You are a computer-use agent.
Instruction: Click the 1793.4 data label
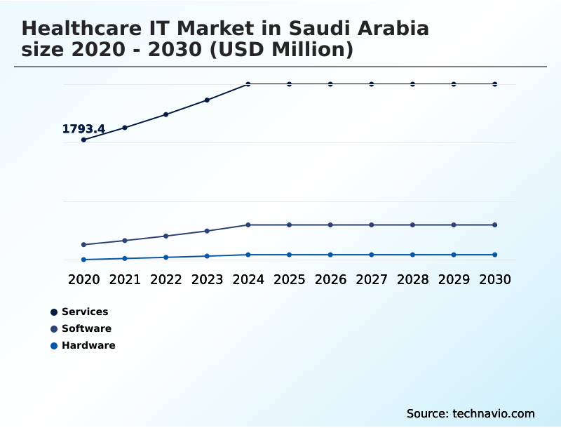[83, 129]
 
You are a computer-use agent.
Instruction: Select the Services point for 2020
[83, 140]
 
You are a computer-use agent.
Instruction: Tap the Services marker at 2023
[207, 100]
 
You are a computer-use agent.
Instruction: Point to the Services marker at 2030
[495, 84]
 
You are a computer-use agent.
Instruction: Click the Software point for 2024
[248, 225]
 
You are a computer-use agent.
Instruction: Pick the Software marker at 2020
[83, 245]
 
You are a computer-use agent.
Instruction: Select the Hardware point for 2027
[372, 255]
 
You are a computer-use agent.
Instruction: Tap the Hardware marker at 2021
[125, 258]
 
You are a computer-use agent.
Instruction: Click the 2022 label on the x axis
[166, 279]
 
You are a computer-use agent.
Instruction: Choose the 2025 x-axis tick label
[290, 279]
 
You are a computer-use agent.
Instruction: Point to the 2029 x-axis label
[454, 279]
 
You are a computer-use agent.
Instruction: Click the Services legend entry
[85, 312]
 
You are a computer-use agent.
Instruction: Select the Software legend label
[86, 328]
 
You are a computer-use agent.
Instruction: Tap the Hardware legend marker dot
[54, 345]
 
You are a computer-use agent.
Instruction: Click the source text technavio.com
[494, 413]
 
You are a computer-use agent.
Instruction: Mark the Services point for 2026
[330, 84]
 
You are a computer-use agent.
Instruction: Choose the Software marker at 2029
[454, 225]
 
